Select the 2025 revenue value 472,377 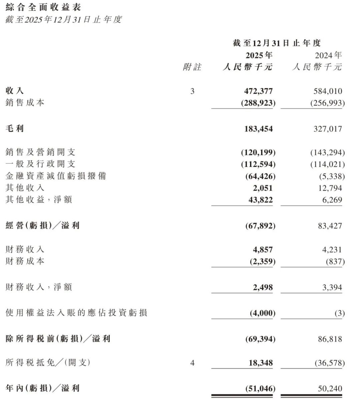(x=258, y=91)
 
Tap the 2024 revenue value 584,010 (x=328, y=91)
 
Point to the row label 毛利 (x=15, y=129)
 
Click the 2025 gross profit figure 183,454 (x=258, y=129)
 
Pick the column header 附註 (x=192, y=67)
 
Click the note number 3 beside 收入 (x=192, y=91)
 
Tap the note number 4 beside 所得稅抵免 (x=192, y=363)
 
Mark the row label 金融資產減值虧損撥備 (x=56, y=176)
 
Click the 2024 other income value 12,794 (x=330, y=188)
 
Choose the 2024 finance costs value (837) (x=335, y=262)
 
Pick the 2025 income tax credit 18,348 (x=261, y=363)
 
